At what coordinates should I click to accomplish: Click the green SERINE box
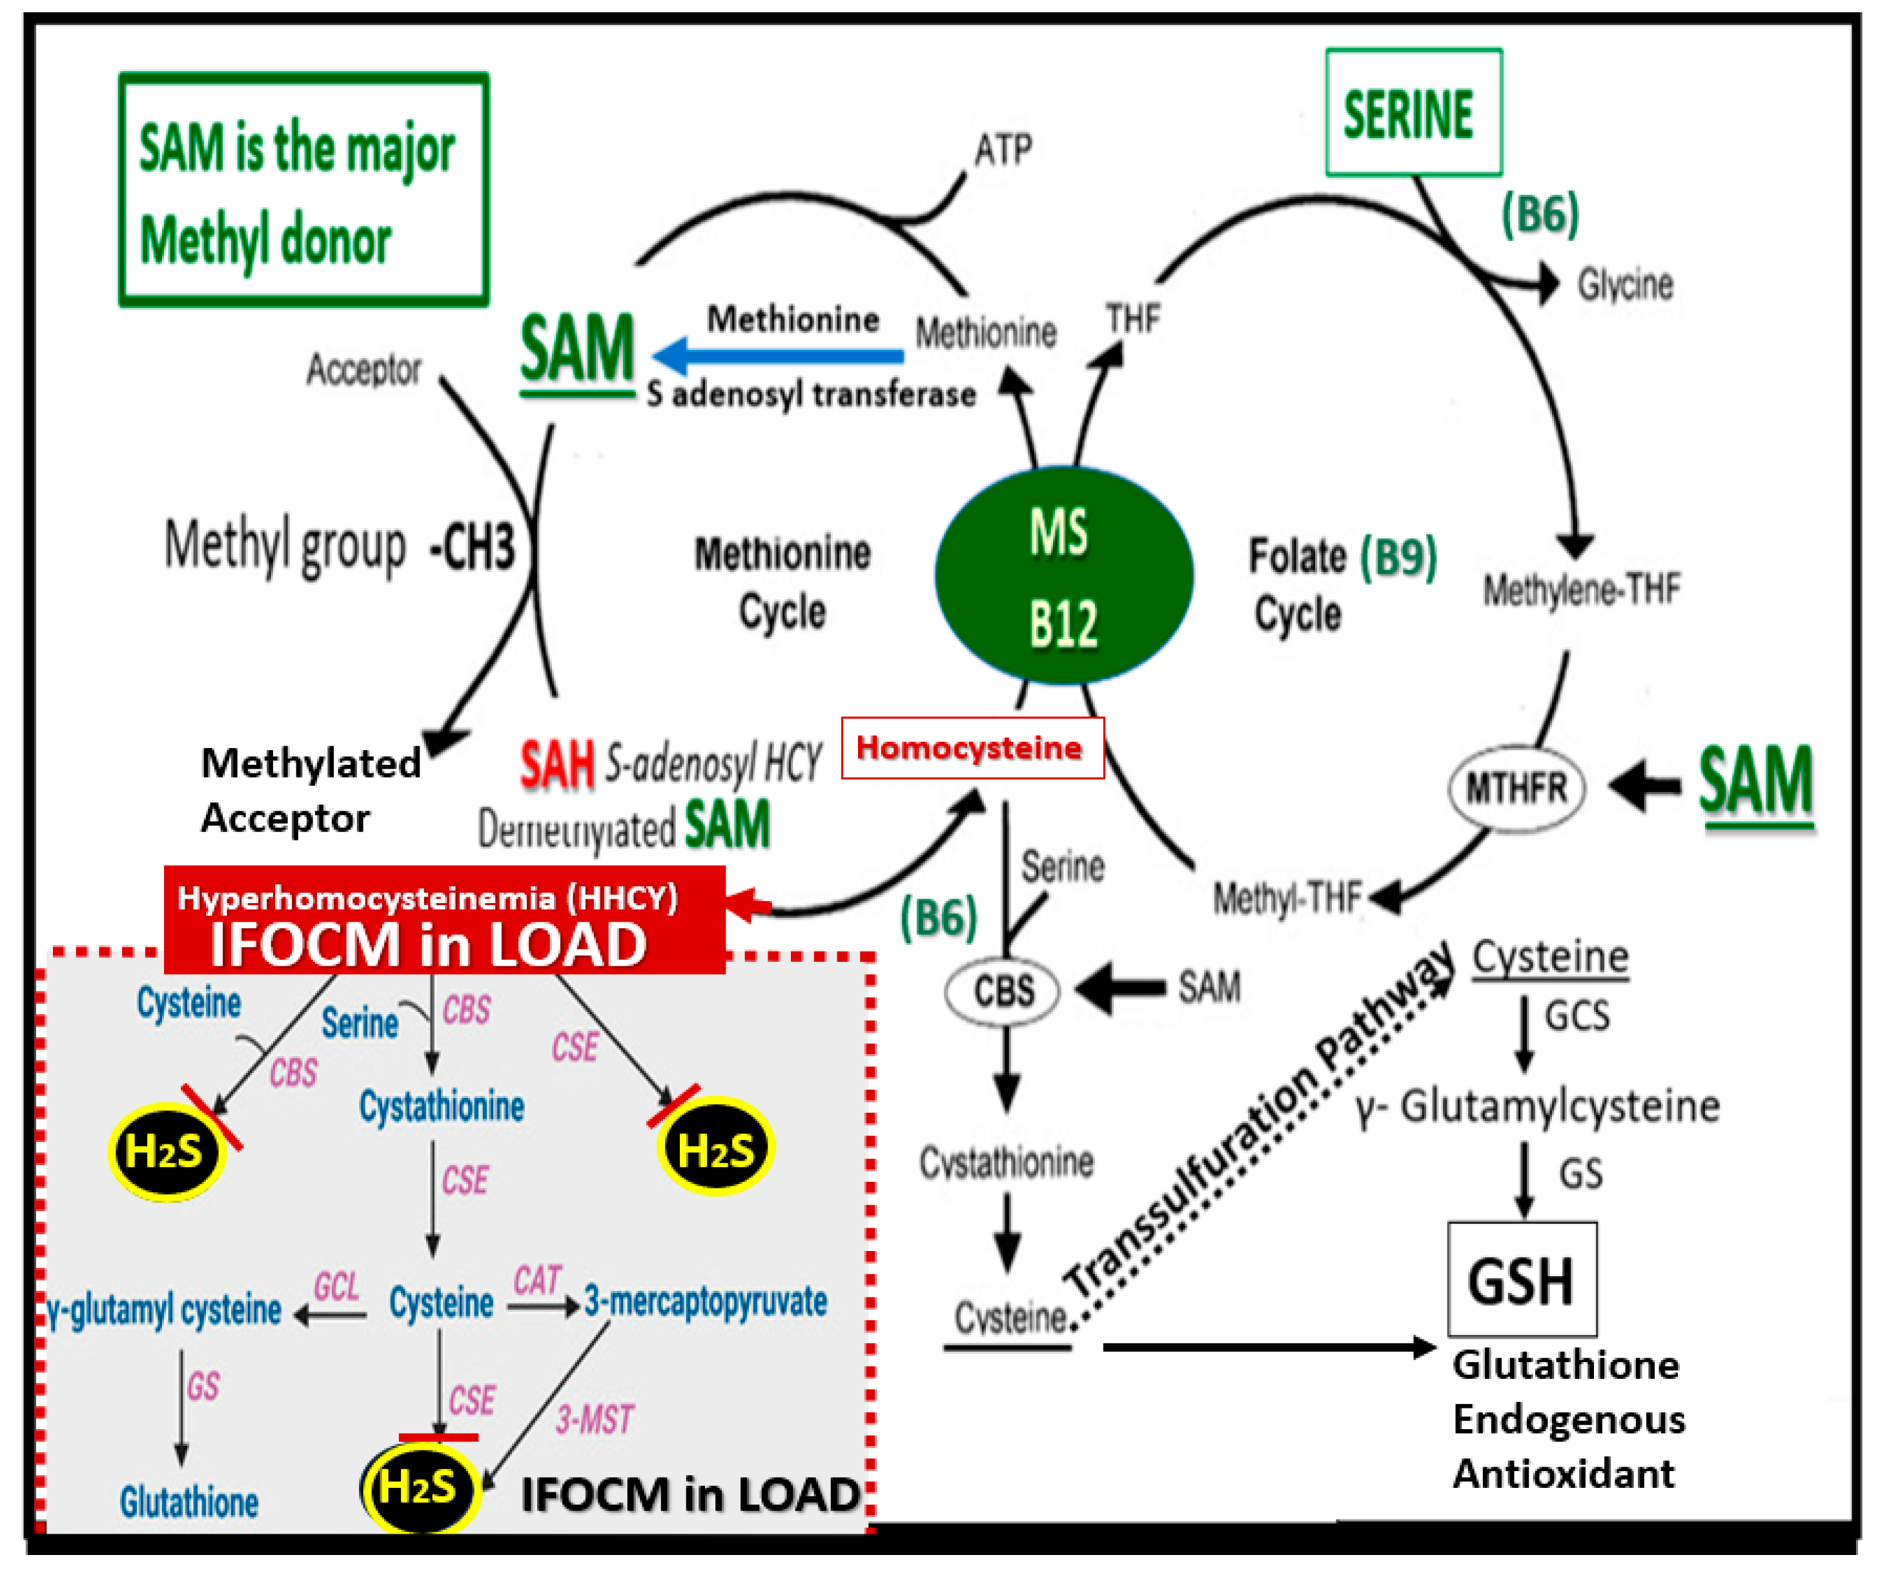[x=1413, y=112]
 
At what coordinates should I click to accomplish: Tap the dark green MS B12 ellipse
[x=1063, y=576]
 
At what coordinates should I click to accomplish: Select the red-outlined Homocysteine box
[x=972, y=747]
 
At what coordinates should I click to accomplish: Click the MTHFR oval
[x=1516, y=788]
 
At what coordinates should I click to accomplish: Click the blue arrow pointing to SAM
[x=778, y=355]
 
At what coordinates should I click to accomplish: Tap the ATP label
[x=1003, y=150]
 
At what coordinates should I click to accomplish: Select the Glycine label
[x=1624, y=285]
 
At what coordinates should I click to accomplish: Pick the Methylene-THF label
[x=1580, y=590]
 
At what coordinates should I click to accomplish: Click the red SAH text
[x=556, y=765]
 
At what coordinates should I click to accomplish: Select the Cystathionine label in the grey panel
[x=441, y=1106]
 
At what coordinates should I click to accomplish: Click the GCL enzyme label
[x=336, y=1286]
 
